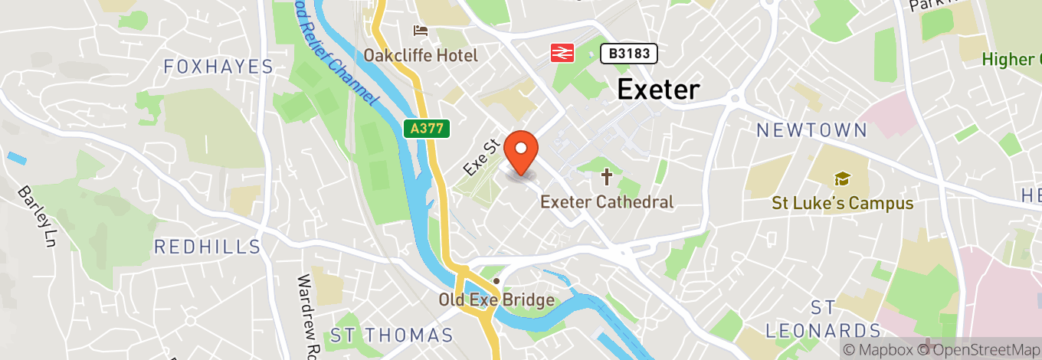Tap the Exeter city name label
click(658, 90)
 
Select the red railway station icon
click(562, 53)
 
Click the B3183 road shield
click(628, 53)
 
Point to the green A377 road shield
click(426, 129)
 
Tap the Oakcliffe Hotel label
click(420, 55)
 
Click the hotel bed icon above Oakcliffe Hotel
click(420, 31)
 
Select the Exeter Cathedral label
click(607, 202)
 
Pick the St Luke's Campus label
click(842, 203)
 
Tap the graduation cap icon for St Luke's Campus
click(842, 179)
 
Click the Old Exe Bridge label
click(496, 299)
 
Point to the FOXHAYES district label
click(218, 67)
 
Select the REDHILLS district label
click(208, 247)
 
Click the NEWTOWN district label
click(811, 130)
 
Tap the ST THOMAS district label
click(392, 335)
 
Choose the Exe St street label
click(482, 155)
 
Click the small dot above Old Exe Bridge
click(496, 280)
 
